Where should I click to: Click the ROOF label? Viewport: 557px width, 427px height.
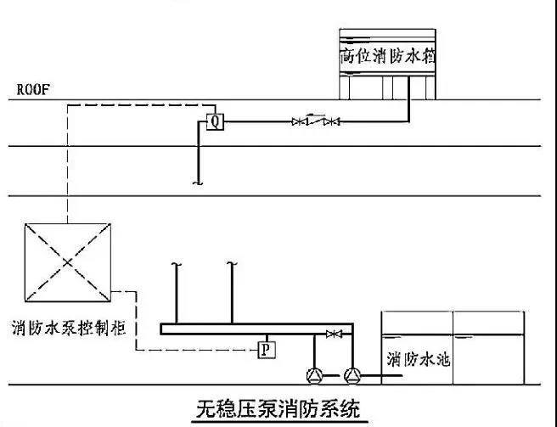[31, 88]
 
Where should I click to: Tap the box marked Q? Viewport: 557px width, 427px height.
[215, 121]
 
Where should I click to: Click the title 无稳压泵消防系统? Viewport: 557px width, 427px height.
[275, 410]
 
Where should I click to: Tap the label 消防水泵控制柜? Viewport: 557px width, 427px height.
[69, 328]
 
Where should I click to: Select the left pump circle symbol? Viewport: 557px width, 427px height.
[315, 374]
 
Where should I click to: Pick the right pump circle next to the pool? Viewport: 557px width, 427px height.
[352, 374]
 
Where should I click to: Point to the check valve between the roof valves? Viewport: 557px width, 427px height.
[316, 121]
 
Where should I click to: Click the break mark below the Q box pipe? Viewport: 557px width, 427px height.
[198, 182]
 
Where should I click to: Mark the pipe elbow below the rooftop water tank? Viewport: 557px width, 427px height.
[410, 121]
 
